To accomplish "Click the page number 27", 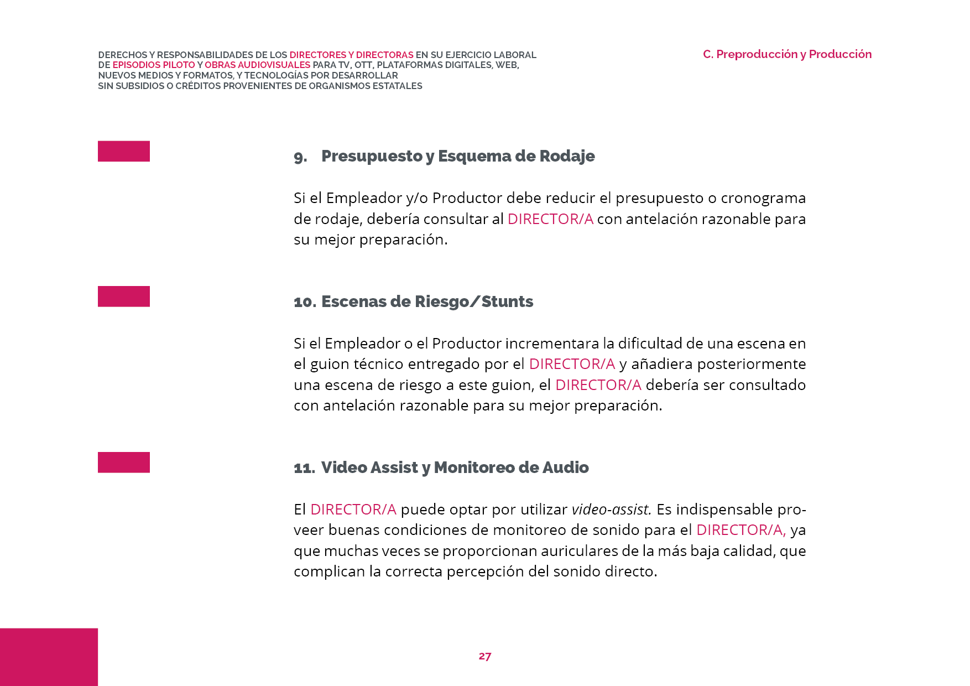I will coord(484,656).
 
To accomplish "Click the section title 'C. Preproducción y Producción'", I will coord(787,54).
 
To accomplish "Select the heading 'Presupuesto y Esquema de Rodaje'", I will coord(458,156).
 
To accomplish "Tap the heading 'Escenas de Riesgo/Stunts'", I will coord(427,302).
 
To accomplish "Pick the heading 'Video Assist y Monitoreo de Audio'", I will coord(455,467).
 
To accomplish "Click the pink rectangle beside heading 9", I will coord(124,151).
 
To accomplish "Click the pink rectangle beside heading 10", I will coord(124,297).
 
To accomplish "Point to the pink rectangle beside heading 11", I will coord(124,462).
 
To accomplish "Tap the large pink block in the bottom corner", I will coord(49,657).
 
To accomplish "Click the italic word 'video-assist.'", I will coord(611,509).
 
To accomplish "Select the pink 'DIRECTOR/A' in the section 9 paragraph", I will coord(550,219).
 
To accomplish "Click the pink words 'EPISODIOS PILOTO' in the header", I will coord(154,65).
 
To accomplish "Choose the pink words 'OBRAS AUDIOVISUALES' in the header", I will coord(258,65).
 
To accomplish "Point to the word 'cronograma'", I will coord(763,198).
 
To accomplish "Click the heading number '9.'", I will coord(300,157).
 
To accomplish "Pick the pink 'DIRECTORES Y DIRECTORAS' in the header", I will coord(351,55).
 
